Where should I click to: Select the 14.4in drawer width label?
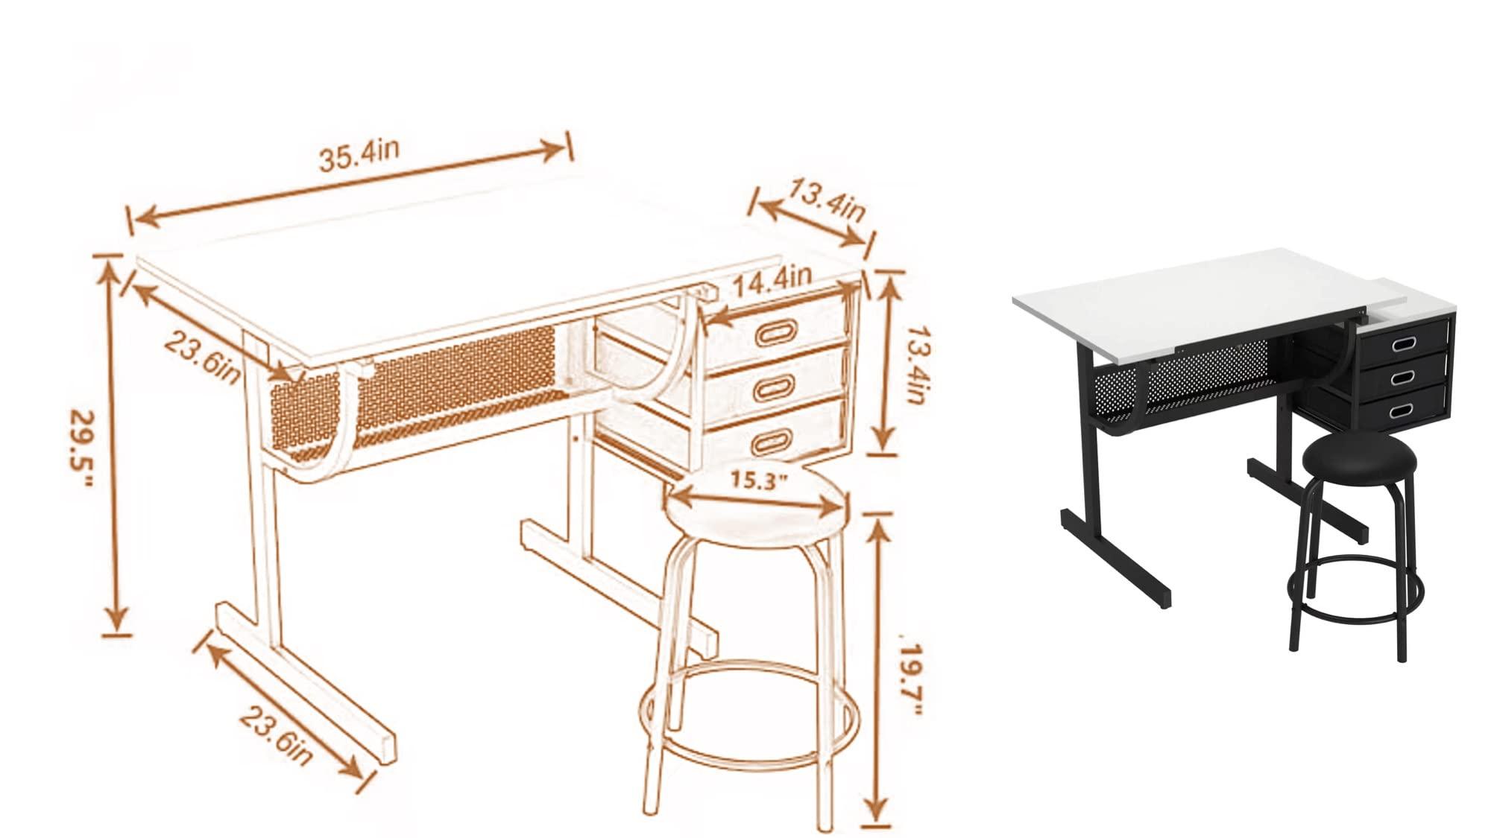tap(771, 280)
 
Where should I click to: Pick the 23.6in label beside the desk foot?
tap(275, 737)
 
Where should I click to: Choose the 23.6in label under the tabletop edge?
tap(202, 358)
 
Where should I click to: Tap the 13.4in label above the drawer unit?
tap(826, 200)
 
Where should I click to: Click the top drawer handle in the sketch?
tap(776, 331)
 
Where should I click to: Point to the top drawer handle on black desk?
tap(1402, 343)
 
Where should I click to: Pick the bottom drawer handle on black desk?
tap(1402, 410)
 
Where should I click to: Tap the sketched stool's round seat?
tap(757, 510)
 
